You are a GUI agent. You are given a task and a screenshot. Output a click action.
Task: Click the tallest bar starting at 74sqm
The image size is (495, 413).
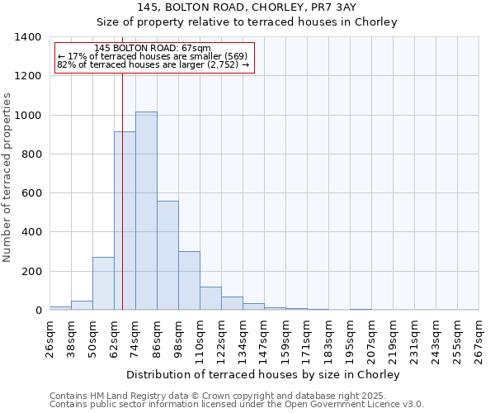[146, 211]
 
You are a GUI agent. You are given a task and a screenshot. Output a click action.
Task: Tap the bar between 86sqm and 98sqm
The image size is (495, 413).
[167, 255]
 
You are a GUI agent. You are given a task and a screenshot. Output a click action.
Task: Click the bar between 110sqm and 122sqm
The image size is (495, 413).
[210, 298]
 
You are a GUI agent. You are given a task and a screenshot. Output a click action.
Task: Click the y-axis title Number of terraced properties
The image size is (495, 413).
[7, 177]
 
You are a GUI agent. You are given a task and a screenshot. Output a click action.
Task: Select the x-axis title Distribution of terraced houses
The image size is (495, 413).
[263, 374]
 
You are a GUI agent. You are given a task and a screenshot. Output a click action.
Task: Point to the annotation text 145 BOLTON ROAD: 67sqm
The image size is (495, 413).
[153, 49]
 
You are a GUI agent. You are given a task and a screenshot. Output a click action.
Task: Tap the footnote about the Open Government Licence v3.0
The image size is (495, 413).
[237, 405]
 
